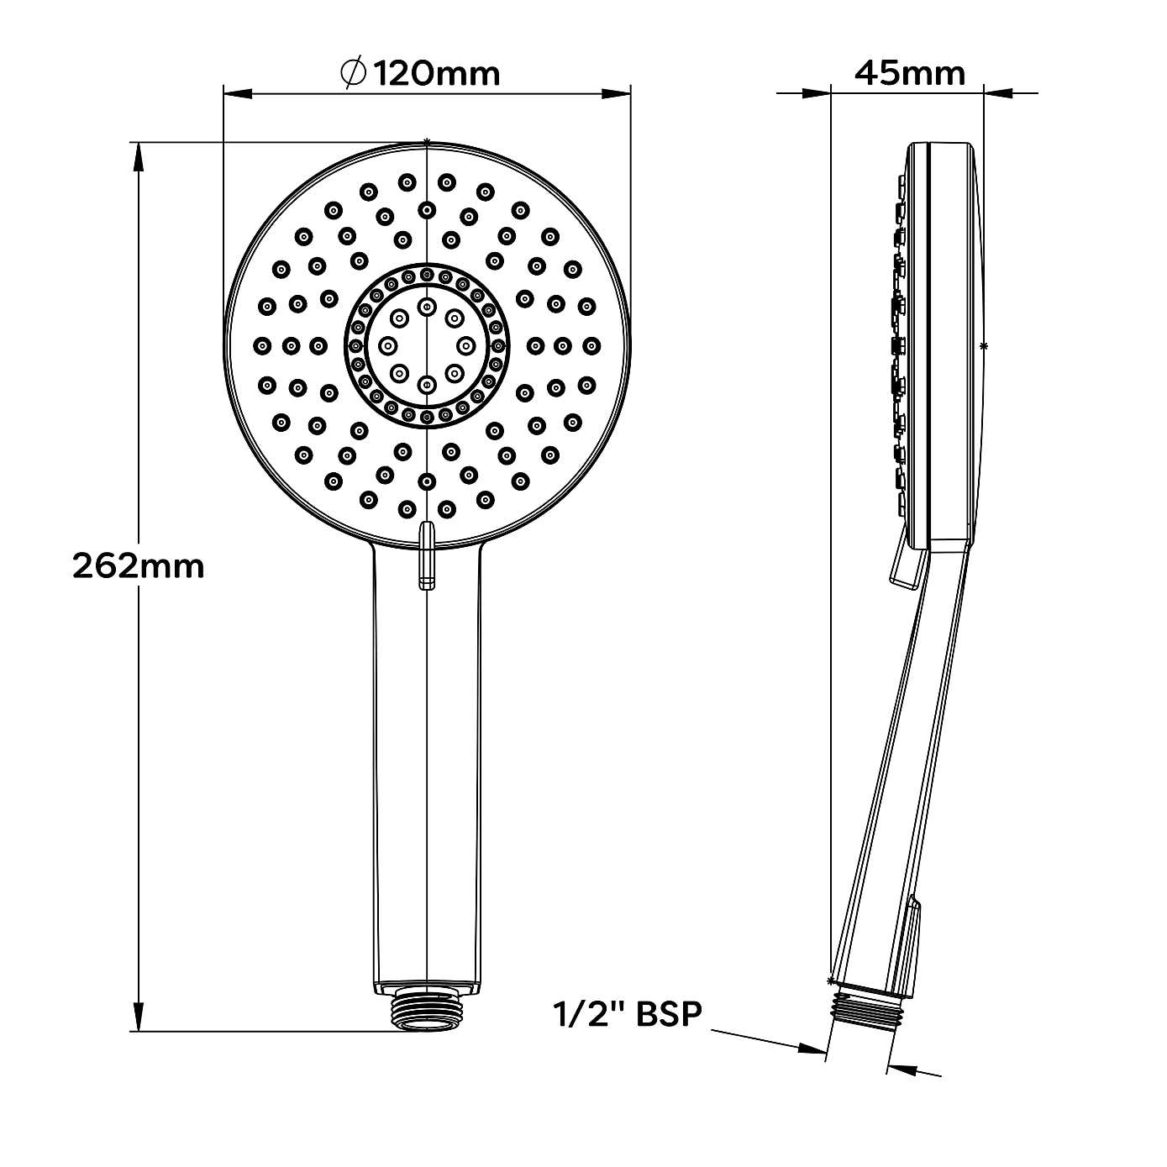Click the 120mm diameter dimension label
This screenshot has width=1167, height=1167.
[436, 74]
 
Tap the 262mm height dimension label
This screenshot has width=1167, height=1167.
[139, 566]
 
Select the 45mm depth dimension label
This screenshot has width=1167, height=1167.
[910, 74]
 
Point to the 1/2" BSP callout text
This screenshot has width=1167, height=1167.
[627, 1013]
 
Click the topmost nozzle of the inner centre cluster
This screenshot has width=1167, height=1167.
[427, 305]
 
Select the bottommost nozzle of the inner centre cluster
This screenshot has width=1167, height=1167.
[427, 385]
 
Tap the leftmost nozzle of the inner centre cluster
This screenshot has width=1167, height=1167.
[388, 345]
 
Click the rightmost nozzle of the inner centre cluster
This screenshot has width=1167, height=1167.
[466, 345]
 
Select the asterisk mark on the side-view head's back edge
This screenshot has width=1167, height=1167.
[984, 345]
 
